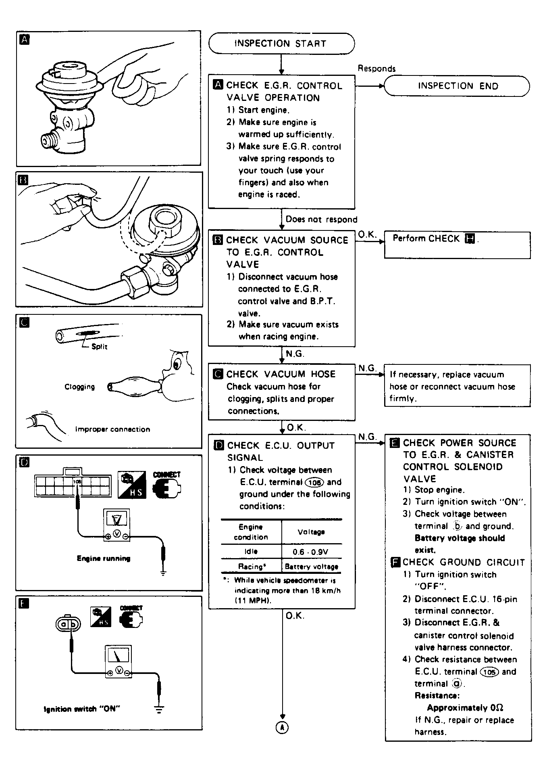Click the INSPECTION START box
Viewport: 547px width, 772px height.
point(281,44)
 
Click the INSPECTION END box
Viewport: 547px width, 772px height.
point(457,86)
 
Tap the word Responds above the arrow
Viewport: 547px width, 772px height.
point(376,69)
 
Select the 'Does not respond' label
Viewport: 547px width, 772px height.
point(321,220)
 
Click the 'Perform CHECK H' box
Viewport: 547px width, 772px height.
point(457,245)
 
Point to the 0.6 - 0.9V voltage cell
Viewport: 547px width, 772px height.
point(311,552)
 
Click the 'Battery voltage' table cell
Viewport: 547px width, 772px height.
point(311,567)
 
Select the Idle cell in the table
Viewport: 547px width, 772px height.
point(251,552)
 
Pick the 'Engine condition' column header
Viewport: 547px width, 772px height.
point(251,532)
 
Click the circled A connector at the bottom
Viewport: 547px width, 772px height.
point(282,727)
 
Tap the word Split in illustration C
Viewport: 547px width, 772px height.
point(99,346)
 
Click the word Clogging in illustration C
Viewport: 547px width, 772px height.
point(80,387)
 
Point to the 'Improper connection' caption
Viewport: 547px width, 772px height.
point(112,429)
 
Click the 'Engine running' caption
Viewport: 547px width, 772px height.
point(104,559)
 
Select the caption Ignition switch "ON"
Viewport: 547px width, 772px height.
point(82,709)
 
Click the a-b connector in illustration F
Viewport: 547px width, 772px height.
point(68,624)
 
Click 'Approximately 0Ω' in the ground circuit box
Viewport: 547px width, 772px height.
point(465,707)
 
